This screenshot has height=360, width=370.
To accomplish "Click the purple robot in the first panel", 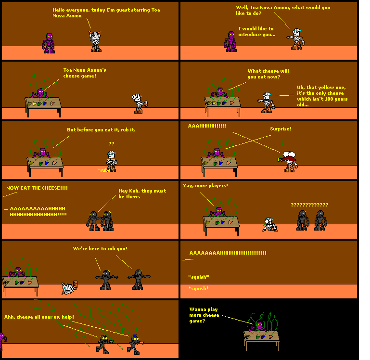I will pyautogui.click(x=49, y=42).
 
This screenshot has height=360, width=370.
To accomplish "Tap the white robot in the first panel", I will pyautogui.click(x=96, y=41).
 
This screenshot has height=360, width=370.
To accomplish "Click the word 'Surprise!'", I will pyautogui.click(x=281, y=129).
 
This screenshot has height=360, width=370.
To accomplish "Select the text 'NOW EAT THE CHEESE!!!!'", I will pyautogui.click(x=37, y=188).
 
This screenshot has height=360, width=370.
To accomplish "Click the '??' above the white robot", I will pyautogui.click(x=111, y=143).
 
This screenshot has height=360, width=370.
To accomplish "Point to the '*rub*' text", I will pyautogui.click(x=105, y=170).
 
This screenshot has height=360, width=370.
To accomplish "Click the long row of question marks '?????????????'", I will pyautogui.click(x=309, y=205).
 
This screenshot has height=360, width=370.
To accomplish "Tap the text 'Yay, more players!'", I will pyautogui.click(x=205, y=186).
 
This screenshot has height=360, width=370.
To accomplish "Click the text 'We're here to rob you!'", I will pyautogui.click(x=100, y=248).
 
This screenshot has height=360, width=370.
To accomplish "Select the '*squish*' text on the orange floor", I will pyautogui.click(x=198, y=288).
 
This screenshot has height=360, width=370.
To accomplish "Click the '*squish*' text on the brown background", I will pyautogui.click(x=198, y=277).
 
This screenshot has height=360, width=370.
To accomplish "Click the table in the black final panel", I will pyautogui.click(x=261, y=337).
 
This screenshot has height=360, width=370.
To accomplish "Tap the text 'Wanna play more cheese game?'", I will pyautogui.click(x=204, y=315).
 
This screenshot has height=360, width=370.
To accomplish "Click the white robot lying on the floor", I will pyautogui.click(x=68, y=288).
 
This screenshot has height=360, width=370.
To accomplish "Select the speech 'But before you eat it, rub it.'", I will pyautogui.click(x=101, y=130).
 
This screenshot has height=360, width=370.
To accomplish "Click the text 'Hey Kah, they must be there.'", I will pyautogui.click(x=142, y=193).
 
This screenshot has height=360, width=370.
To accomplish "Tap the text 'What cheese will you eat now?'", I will pyautogui.click(x=264, y=74).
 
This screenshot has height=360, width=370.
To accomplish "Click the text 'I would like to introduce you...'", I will pyautogui.click(x=256, y=32).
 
